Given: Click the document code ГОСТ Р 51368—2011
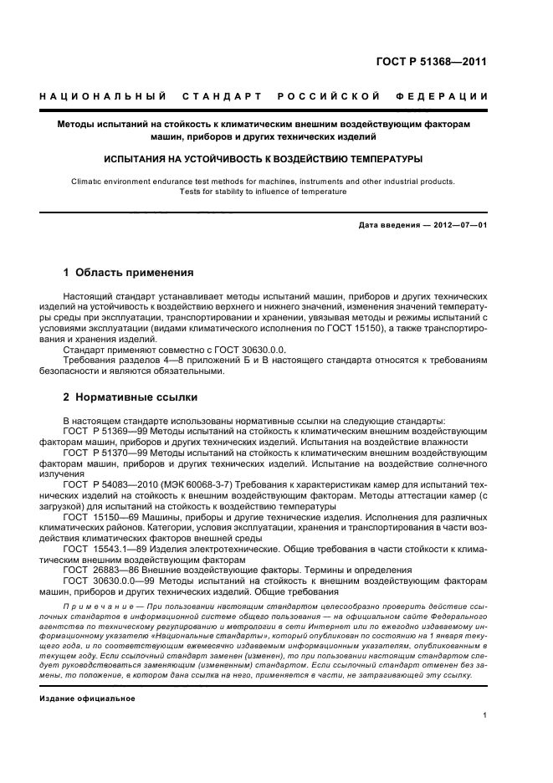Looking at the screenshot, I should click(433, 60).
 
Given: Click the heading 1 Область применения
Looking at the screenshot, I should click(129, 272).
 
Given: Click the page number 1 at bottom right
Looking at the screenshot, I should click(485, 714).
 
